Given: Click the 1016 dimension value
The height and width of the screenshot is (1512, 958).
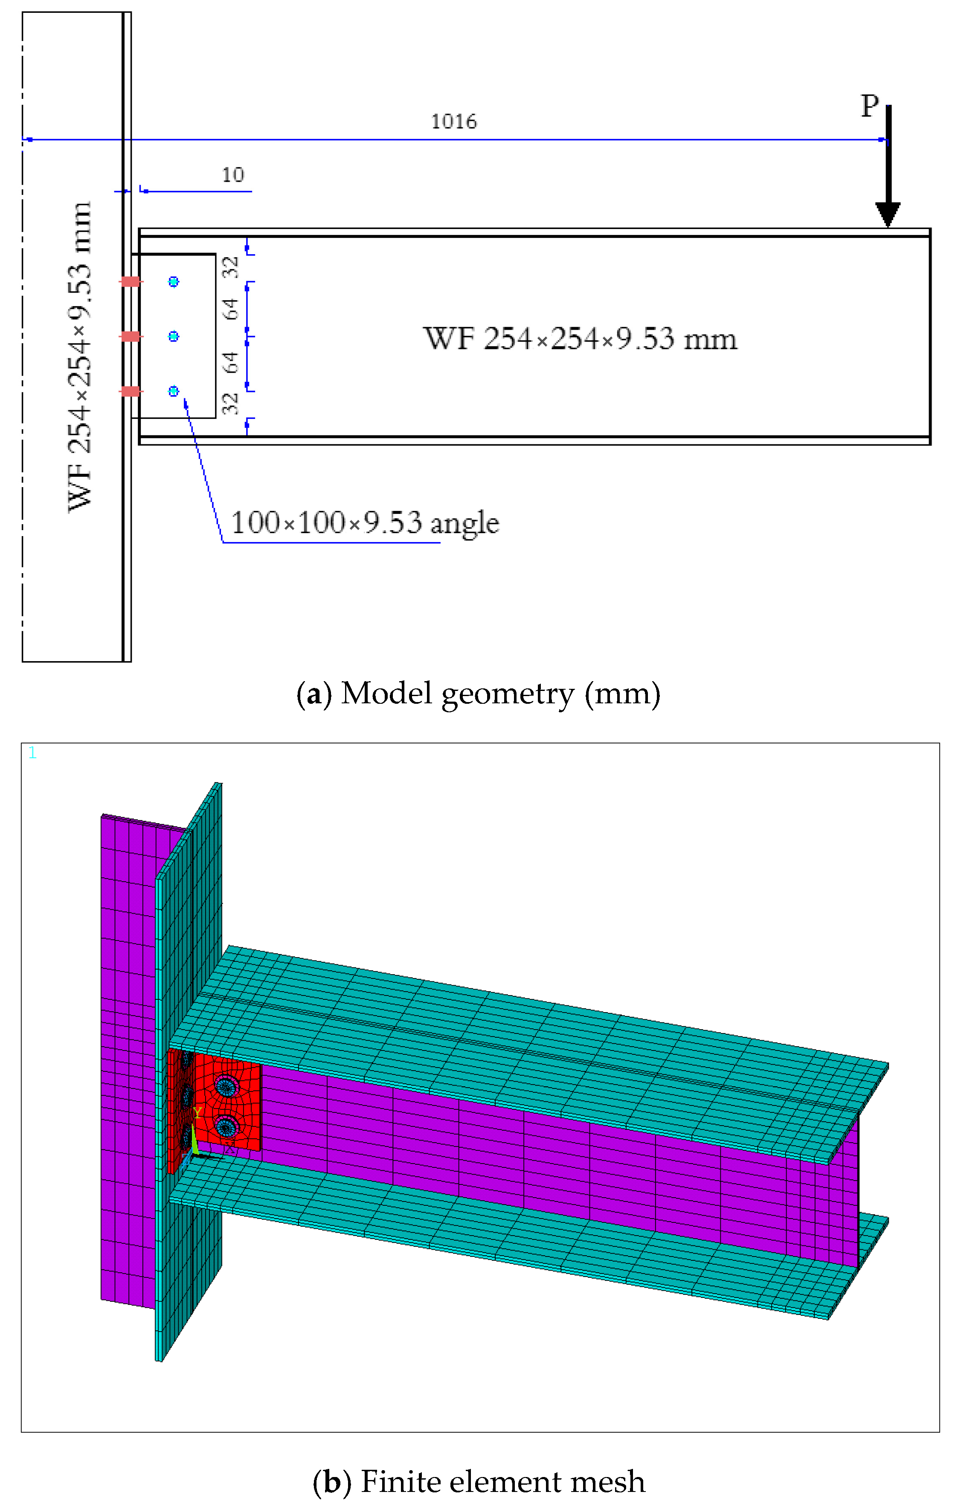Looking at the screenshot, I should pyautogui.click(x=453, y=121).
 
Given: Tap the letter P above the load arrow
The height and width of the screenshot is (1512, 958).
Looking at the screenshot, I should pyautogui.click(x=869, y=106).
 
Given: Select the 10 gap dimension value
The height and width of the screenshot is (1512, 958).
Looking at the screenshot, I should pyautogui.click(x=233, y=174).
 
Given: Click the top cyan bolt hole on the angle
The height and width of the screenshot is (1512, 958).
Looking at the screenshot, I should pyautogui.click(x=174, y=282).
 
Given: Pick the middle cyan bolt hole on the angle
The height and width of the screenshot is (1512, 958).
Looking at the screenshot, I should pyautogui.click(x=174, y=337).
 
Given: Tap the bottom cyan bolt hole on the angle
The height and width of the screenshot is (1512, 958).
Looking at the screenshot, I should pyautogui.click(x=174, y=391).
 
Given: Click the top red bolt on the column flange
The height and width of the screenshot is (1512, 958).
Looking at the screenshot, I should pyautogui.click(x=131, y=282).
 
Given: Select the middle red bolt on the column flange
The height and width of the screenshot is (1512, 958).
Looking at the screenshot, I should pyautogui.click(x=131, y=337).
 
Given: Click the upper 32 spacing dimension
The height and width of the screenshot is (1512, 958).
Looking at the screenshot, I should pyautogui.click(x=231, y=267).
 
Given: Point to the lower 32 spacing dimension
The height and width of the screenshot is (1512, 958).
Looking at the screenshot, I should pyautogui.click(x=231, y=403).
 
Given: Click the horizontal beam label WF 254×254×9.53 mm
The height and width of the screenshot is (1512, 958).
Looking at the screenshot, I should pyautogui.click(x=580, y=339).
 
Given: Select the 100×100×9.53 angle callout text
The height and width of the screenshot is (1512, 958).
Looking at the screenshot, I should pyautogui.click(x=365, y=523).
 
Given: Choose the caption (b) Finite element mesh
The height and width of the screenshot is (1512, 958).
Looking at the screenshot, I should pyautogui.click(x=479, y=1481).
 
